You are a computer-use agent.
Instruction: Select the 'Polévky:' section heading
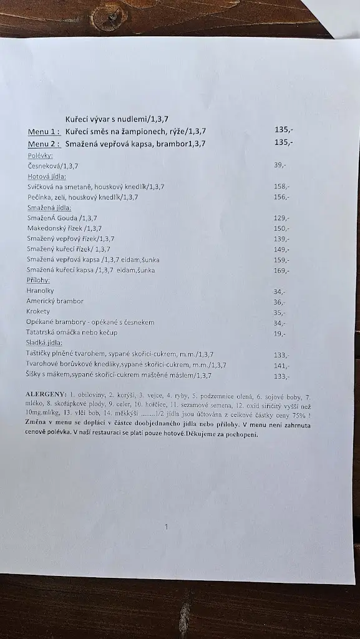[40, 155]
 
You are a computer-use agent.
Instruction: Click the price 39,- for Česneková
[280, 165]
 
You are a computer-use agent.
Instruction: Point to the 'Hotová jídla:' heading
[46, 176]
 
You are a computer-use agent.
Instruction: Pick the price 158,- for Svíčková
[281, 187]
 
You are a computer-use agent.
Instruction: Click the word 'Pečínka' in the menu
[40, 197]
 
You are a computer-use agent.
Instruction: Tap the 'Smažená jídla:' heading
[49, 207]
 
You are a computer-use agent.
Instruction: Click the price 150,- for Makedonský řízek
[281, 228]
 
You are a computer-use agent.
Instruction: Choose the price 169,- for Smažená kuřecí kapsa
[281, 271]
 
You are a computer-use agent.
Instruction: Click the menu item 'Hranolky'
[40, 291]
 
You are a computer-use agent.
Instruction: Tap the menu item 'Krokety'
[38, 311]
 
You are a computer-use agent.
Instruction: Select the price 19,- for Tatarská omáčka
[280, 334]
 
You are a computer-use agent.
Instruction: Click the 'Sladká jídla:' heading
[44, 343]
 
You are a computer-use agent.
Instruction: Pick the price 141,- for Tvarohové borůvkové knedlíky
[281, 366]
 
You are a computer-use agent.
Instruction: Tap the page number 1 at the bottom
[166, 527]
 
